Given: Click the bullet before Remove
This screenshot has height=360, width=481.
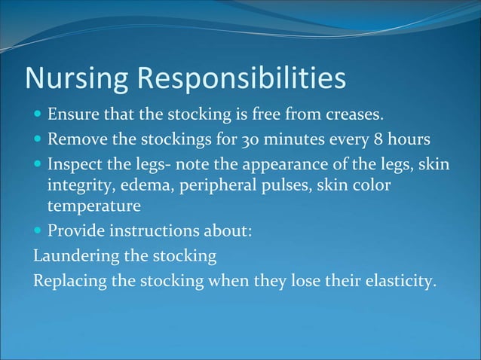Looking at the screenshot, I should [38, 141].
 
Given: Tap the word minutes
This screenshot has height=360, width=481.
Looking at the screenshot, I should [296, 140].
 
